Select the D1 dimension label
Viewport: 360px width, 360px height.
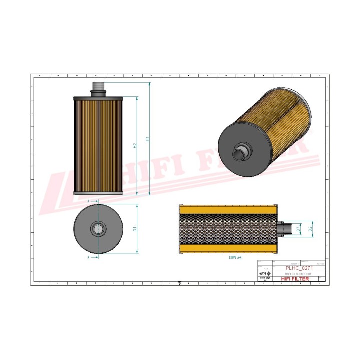(x=135, y=229)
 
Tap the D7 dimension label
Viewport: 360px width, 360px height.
(x=298, y=229)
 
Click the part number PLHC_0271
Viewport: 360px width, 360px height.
(x=298, y=268)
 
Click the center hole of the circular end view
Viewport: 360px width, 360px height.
(x=98, y=229)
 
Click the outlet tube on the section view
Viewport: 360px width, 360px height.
(x=285, y=229)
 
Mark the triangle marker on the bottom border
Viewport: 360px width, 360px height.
(x=179, y=282)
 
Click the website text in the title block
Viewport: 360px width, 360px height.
(x=298, y=274)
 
